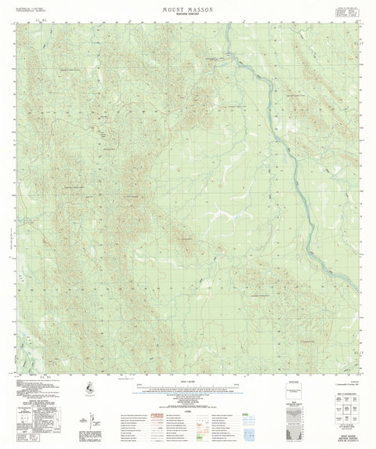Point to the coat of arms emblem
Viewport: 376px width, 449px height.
(x=92, y=385)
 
